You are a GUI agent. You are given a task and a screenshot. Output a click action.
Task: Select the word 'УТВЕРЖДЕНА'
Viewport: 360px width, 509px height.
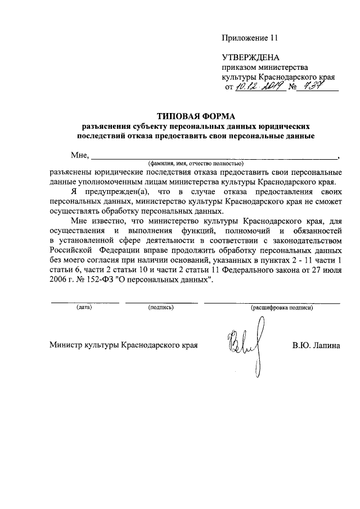click(x=251, y=57)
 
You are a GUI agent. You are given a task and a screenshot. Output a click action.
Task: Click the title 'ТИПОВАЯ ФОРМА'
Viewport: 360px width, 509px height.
click(x=195, y=116)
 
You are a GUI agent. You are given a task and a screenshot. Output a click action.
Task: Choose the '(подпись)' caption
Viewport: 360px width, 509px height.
click(x=161, y=308)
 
